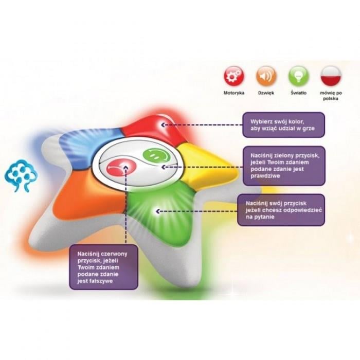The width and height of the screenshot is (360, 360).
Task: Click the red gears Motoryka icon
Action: (x=234, y=76)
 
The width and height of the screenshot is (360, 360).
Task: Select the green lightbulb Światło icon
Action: (x=299, y=76)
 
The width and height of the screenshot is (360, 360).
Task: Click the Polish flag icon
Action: (x=331, y=76)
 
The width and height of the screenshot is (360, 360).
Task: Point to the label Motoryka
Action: (x=234, y=93)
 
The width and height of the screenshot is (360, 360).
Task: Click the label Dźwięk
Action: (x=266, y=93)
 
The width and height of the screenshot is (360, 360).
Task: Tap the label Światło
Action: (x=299, y=93)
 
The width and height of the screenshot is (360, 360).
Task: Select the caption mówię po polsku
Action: (x=331, y=96)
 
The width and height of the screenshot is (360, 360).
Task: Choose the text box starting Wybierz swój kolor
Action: (x=284, y=124)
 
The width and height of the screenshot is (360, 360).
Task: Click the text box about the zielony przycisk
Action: (x=284, y=166)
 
